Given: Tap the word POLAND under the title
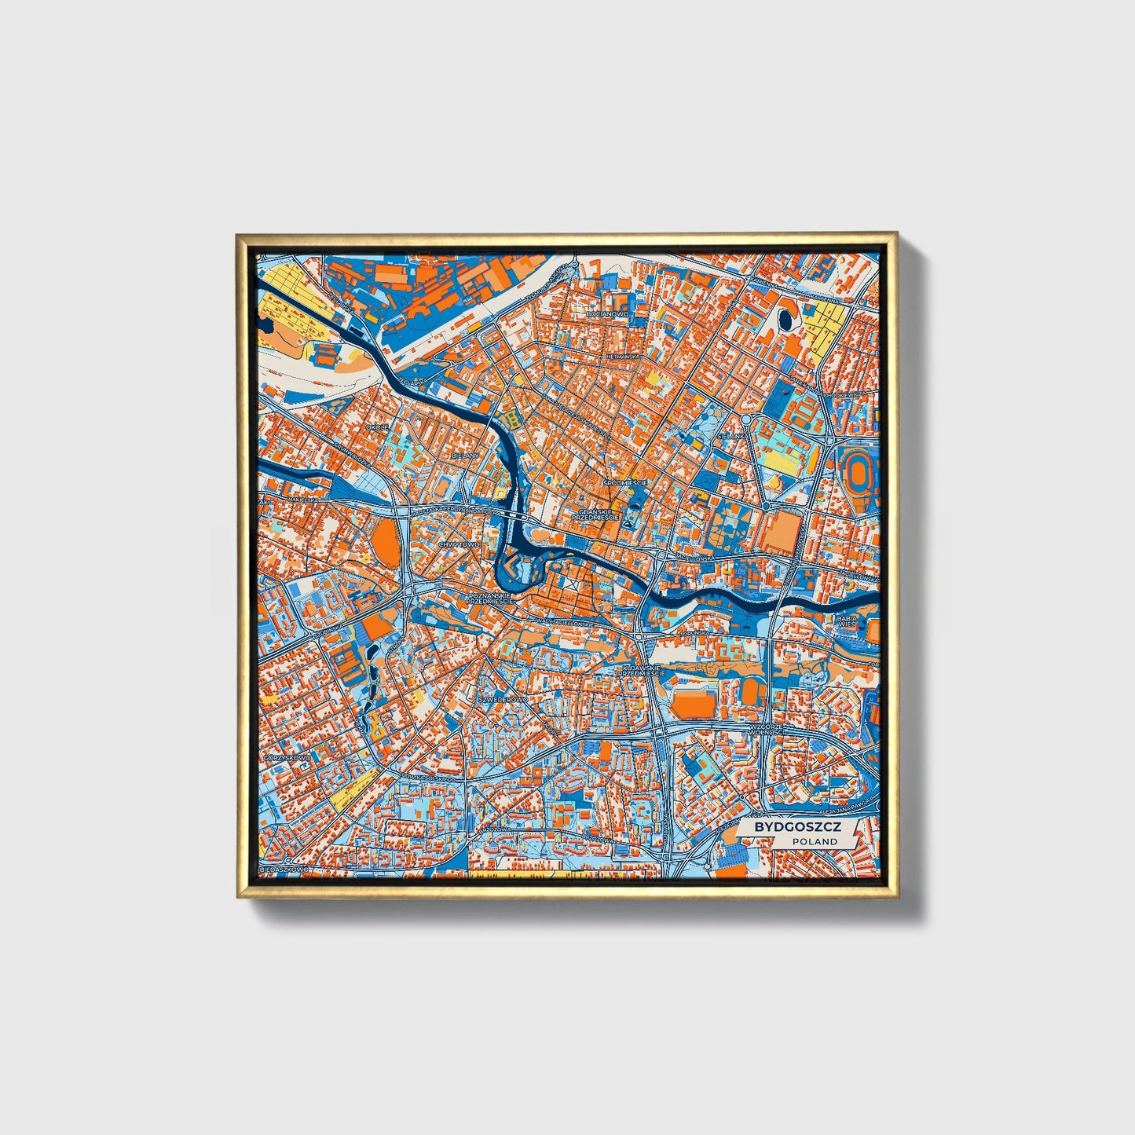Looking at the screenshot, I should pos(815,841).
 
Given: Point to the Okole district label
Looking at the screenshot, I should pos(377,427).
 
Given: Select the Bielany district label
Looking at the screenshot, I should pos(465,455).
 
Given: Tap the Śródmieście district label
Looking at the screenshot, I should pos(624,481).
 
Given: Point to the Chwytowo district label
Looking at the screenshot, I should pos(459,544).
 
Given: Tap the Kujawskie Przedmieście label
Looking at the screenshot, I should pos(642,671).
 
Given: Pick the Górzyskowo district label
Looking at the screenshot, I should pos(287,757).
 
